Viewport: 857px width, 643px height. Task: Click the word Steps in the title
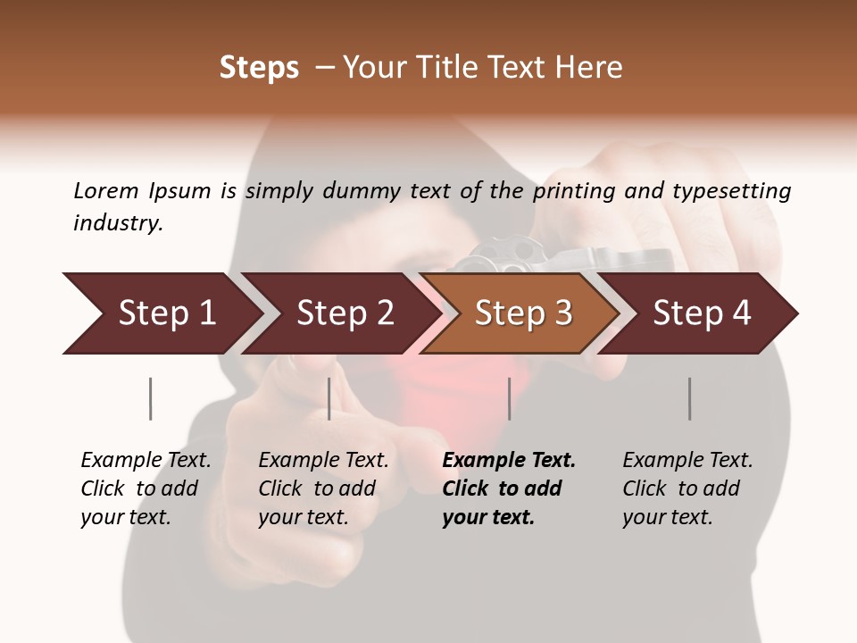259,68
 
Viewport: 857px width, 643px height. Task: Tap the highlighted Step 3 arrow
523,313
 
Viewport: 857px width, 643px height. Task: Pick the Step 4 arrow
702,313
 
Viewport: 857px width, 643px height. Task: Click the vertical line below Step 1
150,398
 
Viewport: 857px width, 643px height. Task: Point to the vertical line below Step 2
329,398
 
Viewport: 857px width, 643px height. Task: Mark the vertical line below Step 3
509,398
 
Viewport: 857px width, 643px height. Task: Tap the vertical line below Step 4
689,398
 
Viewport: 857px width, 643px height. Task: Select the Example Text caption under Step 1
145,489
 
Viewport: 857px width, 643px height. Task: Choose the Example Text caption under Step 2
322,489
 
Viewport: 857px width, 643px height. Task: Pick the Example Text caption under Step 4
686,489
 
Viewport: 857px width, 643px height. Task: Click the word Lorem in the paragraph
106,190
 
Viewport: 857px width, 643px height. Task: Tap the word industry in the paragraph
118,222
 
